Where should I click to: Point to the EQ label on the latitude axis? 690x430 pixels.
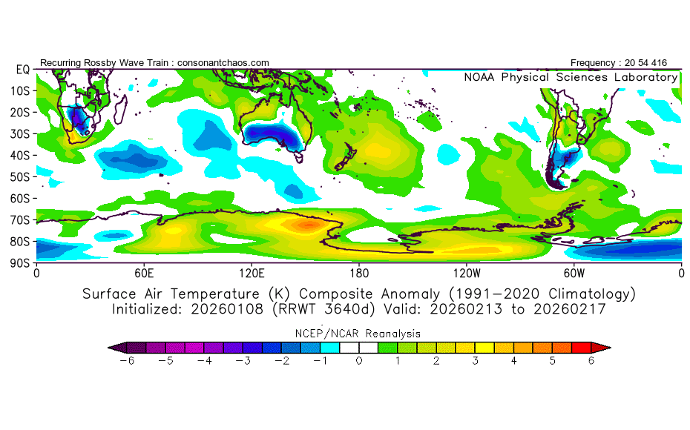click(22, 69)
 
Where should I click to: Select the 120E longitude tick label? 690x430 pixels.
click(252, 272)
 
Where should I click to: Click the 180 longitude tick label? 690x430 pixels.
click(359, 272)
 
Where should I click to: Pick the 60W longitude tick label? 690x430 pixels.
click(574, 272)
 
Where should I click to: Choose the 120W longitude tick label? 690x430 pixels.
click(466, 272)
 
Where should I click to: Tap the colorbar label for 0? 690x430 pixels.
click(359, 360)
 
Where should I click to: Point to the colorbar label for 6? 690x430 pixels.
click(591, 360)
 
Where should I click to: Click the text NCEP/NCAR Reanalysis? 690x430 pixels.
click(359, 334)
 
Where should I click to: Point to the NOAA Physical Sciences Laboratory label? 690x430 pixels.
click(571, 77)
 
